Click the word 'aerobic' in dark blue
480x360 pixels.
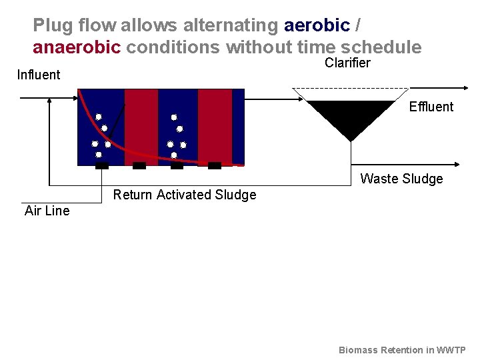pos(317,26)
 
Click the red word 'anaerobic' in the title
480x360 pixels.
pos(77,48)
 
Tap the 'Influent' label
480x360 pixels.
pos(38,75)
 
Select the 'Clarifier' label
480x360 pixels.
pos(347,63)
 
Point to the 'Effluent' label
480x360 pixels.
pos(431,107)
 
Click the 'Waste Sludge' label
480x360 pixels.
pos(401,179)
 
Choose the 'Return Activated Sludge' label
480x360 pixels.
pos(185,195)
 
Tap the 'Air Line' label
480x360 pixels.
pos(47,211)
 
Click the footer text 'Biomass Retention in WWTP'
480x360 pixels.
pos(402,350)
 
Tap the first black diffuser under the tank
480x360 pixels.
pos(101,165)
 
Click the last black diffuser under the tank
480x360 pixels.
pos(214,165)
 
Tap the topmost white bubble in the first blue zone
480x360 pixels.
pos(98,117)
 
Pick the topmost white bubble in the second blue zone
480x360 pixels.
pos(174,117)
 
